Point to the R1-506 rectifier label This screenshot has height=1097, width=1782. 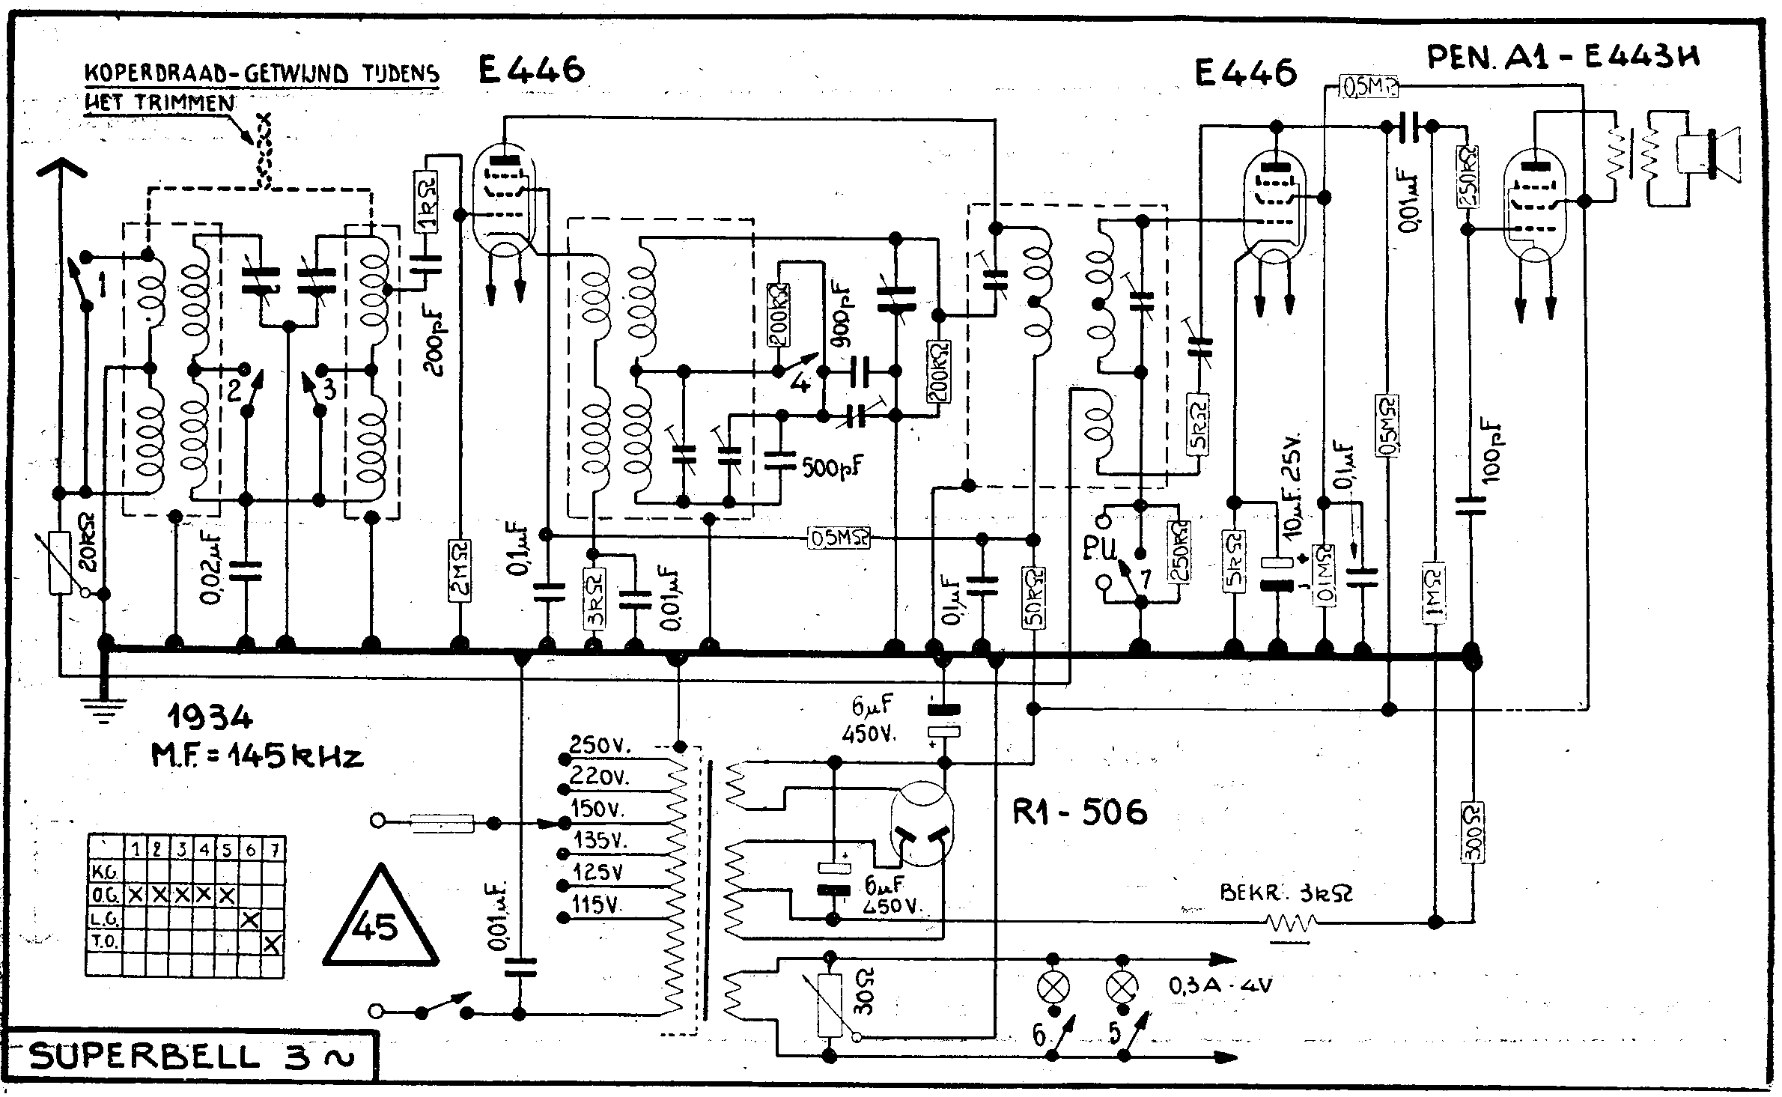coord(1079,812)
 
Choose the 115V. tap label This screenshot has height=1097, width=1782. coord(596,905)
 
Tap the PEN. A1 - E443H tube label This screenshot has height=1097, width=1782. coord(1562,58)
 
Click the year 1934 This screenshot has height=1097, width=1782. coord(209,720)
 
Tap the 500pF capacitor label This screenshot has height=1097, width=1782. coord(832,467)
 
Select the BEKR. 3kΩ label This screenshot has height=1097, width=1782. coord(1286,893)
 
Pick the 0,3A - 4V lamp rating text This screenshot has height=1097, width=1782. coord(1220,985)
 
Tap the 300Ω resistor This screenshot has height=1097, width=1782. coord(1473,833)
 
